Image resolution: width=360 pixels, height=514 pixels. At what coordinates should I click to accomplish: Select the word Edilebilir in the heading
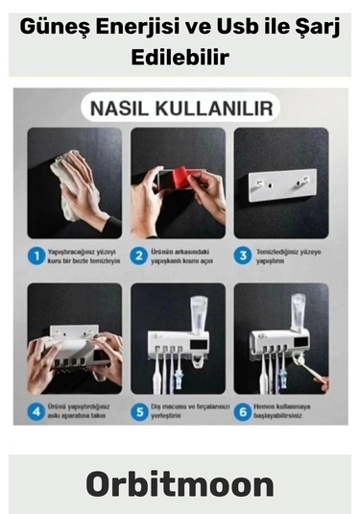coord(180,56)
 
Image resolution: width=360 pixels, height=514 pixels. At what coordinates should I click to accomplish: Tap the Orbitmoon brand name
coord(180,483)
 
